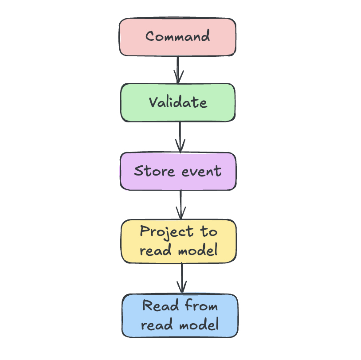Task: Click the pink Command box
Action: click(x=177, y=37)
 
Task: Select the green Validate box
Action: click(x=178, y=102)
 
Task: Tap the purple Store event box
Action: click(x=178, y=171)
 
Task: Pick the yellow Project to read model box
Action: click(x=179, y=241)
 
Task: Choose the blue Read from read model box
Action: click(x=180, y=316)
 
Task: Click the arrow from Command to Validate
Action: click(x=178, y=69)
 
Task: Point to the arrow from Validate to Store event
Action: click(x=180, y=137)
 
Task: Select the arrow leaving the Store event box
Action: click(x=180, y=204)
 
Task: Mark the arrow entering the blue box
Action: click(x=181, y=278)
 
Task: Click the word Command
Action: click(x=177, y=36)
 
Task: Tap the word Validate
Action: click(x=178, y=102)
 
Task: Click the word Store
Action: click(x=153, y=171)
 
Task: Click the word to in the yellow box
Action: click(x=208, y=232)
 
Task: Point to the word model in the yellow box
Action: click(x=197, y=250)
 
